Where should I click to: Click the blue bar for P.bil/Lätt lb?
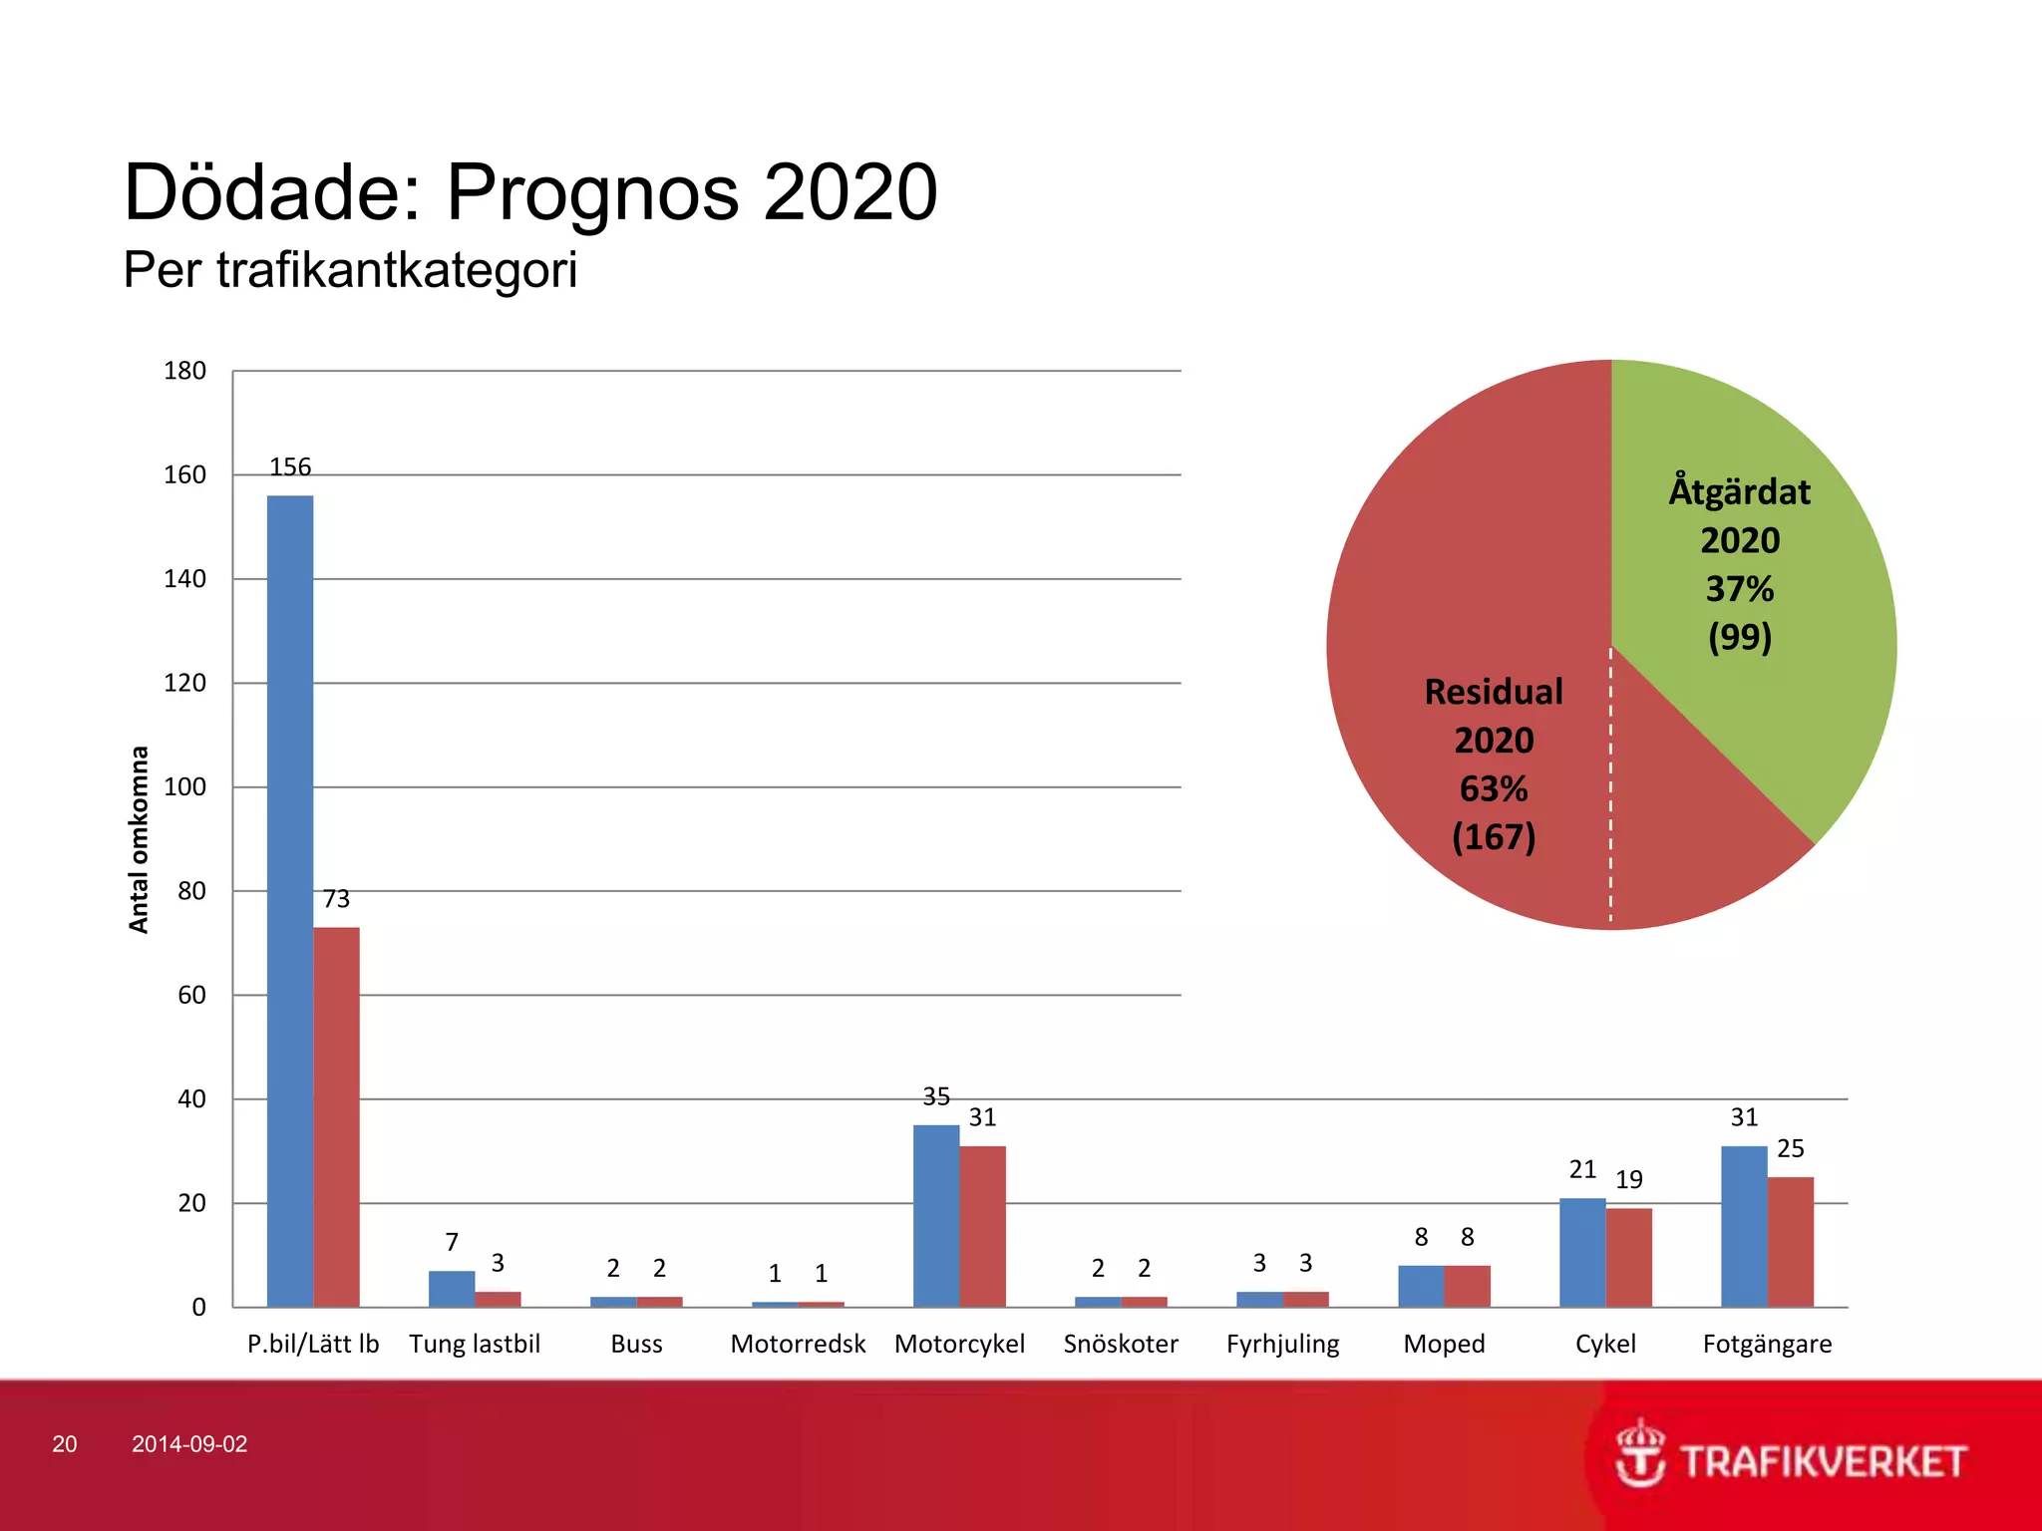290,897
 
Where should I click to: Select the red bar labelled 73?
337,1116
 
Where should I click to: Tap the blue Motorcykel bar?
936,1216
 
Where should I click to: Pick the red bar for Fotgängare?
1791,1242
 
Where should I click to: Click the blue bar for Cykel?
1582,1252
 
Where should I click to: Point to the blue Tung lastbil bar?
452,1289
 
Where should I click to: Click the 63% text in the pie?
1494,788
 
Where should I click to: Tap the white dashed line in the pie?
1610,787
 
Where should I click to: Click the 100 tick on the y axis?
184,786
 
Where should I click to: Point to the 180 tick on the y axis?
184,371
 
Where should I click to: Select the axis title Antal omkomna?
139,839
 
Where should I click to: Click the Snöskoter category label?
1121,1344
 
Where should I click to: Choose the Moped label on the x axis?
1444,1344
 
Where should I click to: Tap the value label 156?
290,466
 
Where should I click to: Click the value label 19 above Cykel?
1628,1179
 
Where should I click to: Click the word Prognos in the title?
592,191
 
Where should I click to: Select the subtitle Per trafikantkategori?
350,269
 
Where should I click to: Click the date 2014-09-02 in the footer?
189,1444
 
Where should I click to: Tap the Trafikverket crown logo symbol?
1640,1452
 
